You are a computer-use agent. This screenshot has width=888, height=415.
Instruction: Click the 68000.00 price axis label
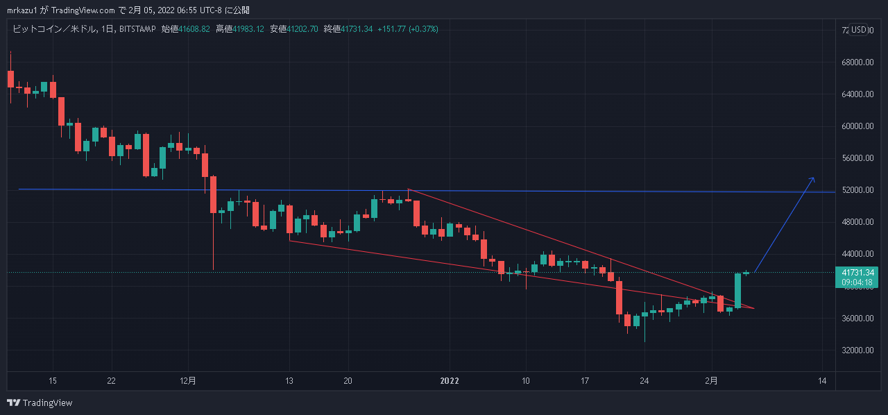[x=857, y=62]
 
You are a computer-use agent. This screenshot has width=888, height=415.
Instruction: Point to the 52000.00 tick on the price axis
[x=857, y=190]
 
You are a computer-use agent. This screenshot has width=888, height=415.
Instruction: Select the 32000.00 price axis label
[x=857, y=350]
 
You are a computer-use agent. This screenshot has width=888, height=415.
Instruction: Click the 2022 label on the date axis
[x=450, y=380]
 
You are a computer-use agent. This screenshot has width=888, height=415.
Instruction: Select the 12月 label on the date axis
[x=188, y=380]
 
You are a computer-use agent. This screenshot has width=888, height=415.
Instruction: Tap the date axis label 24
[x=644, y=380]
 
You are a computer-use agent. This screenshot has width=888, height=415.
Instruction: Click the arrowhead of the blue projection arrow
[x=812, y=180]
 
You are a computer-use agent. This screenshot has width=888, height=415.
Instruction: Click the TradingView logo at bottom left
[x=40, y=403]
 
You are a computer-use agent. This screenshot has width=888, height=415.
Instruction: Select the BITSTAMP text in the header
[x=137, y=28]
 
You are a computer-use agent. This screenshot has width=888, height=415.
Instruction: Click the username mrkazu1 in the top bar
[x=22, y=10]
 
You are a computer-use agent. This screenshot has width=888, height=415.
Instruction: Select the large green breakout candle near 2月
[x=738, y=290]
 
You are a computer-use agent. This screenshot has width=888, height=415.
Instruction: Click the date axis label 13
[x=289, y=380]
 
